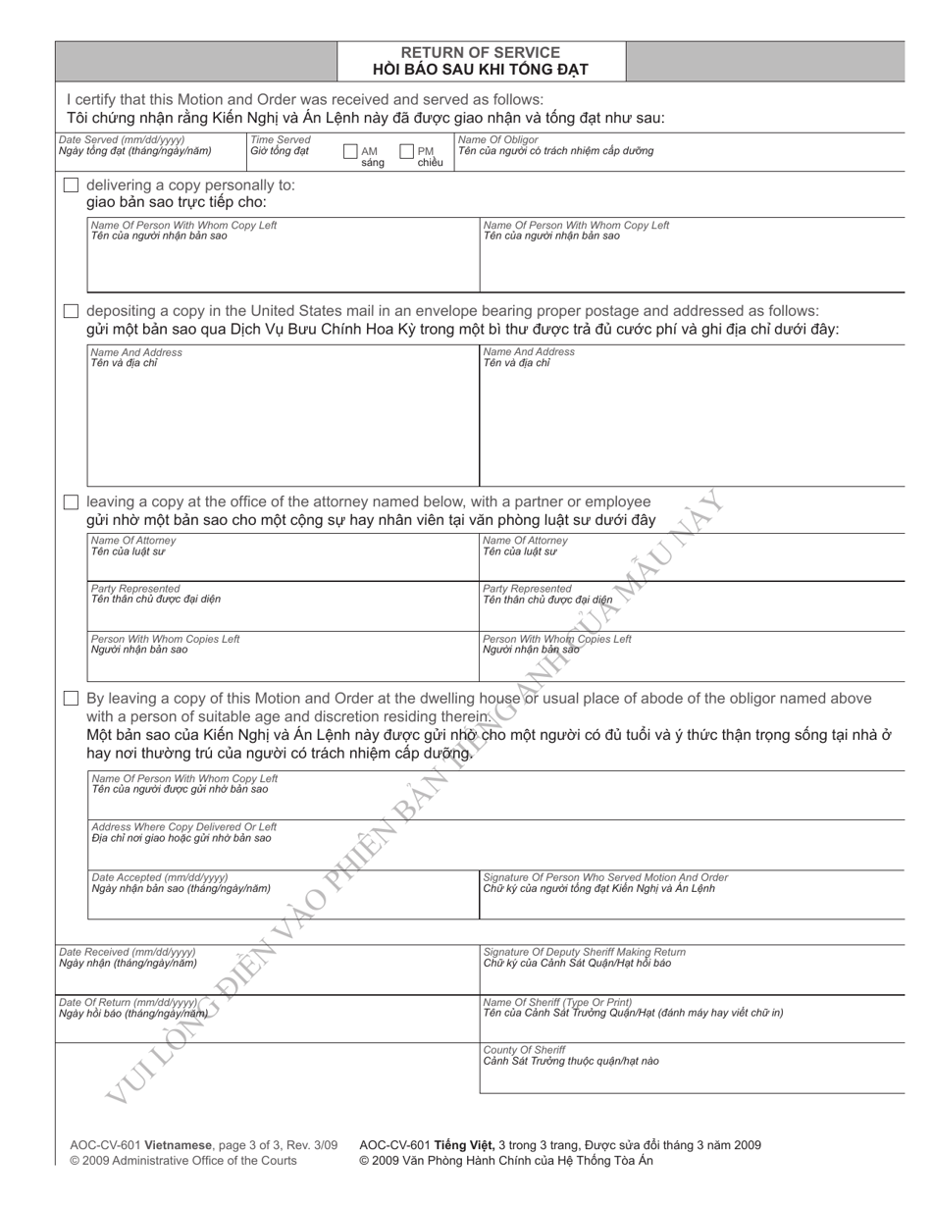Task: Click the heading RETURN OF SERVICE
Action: coord(481,52)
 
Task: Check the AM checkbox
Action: coord(350,152)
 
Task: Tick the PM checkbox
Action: coord(406,152)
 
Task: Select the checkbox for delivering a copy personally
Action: coord(71,184)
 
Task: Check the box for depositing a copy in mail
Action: coord(71,311)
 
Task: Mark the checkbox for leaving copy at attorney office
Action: coord(71,501)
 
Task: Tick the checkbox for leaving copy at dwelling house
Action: coord(71,699)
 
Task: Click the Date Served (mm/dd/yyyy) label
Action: coord(121,140)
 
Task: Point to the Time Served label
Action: coord(280,140)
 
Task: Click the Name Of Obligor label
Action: coord(498,140)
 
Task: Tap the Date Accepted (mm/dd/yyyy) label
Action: coord(159,876)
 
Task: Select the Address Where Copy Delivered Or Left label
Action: coord(183,826)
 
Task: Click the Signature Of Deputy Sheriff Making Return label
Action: coord(584,952)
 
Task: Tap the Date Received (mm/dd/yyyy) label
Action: coord(127,952)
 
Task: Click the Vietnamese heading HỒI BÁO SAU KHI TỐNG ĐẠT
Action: coord(481,69)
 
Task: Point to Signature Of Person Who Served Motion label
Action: coord(605,876)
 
